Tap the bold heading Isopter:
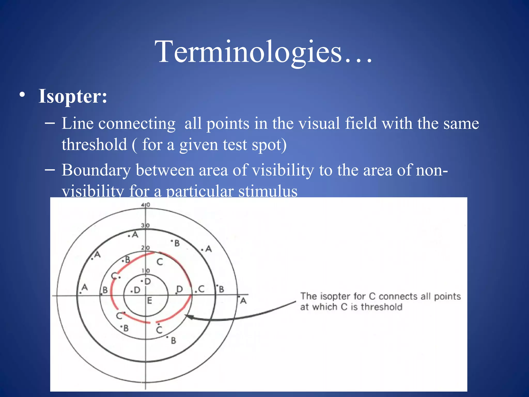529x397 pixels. tap(73, 96)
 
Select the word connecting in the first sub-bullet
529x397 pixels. tap(137, 123)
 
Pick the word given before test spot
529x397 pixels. tap(198, 144)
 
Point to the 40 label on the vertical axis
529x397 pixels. tap(146, 205)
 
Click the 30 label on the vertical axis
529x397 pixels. tap(145, 225)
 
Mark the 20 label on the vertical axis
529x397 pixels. tap(145, 248)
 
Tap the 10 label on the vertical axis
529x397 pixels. tap(146, 271)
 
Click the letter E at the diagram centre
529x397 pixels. tap(149, 301)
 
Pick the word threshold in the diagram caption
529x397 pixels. tap(382, 307)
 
